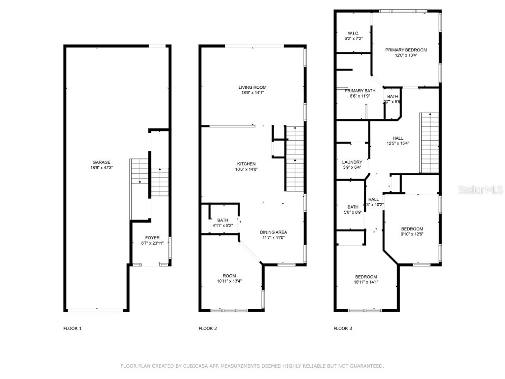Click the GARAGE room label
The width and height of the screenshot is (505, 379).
click(x=101, y=162)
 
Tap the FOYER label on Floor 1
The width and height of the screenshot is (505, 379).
click(x=152, y=238)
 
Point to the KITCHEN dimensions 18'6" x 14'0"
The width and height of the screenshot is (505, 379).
click(x=246, y=169)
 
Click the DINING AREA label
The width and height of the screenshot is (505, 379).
click(x=274, y=232)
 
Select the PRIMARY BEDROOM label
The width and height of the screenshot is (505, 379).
click(x=406, y=50)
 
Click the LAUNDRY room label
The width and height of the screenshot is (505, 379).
click(x=352, y=162)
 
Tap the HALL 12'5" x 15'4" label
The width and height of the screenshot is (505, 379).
click(x=398, y=138)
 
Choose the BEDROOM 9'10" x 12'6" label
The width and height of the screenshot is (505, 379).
click(x=412, y=229)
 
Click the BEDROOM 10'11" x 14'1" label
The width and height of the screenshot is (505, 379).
click(x=366, y=277)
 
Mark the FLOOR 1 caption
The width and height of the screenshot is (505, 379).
click(x=72, y=328)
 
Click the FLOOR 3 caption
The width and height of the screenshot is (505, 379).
click(x=343, y=328)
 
